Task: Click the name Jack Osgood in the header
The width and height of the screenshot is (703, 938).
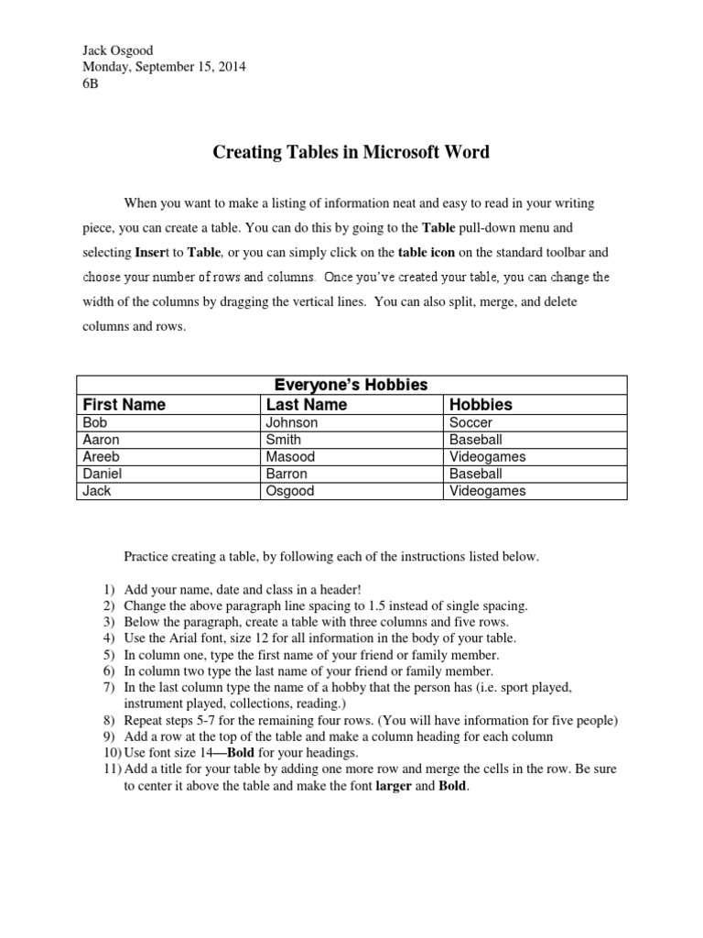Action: (x=119, y=49)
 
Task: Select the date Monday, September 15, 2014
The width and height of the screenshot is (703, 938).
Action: (x=164, y=66)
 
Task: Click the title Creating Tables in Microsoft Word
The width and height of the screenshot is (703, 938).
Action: (x=351, y=152)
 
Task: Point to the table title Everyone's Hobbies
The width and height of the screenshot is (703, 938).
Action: (x=351, y=385)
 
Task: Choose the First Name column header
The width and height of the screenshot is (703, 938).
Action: (x=124, y=404)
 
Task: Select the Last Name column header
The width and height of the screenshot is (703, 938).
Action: (x=307, y=404)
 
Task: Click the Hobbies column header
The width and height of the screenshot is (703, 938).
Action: (x=481, y=404)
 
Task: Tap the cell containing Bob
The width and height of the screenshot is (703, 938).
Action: (x=94, y=422)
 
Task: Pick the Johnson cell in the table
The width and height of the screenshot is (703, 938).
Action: (x=292, y=422)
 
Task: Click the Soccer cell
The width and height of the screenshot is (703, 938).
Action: (x=470, y=422)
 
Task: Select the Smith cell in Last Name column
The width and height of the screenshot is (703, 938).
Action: (x=284, y=440)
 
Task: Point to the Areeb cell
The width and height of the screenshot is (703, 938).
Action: (x=101, y=456)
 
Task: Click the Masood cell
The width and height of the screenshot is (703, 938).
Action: (x=290, y=456)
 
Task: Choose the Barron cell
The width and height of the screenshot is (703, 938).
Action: (x=287, y=474)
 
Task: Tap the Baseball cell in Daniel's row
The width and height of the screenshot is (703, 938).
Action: (x=476, y=474)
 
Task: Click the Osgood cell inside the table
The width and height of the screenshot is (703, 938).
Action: (x=290, y=490)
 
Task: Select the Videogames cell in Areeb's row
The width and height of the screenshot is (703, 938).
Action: (x=487, y=456)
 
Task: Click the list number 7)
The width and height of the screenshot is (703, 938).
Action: (x=107, y=687)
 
